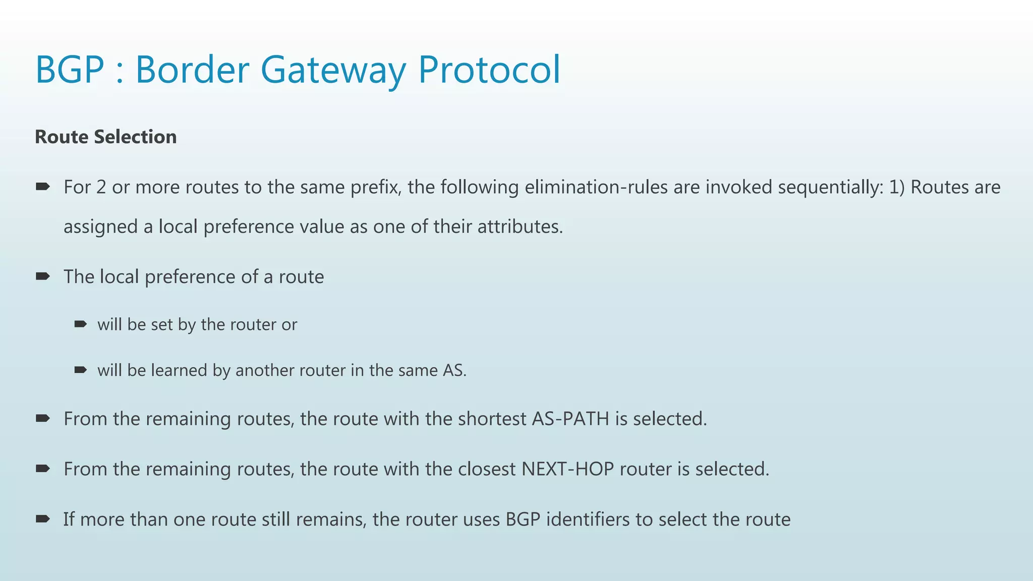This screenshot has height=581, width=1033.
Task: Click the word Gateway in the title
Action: point(332,70)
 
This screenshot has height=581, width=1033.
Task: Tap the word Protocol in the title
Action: point(489,70)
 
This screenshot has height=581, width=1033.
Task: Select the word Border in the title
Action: point(192,70)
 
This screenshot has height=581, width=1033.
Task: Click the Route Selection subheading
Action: point(105,137)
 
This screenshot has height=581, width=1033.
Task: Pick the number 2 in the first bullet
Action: point(101,187)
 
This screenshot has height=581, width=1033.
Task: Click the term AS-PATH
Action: point(570,419)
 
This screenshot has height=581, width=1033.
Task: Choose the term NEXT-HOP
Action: point(567,469)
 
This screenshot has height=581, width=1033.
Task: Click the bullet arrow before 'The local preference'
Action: point(43,276)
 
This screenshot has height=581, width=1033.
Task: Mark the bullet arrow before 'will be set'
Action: point(81,324)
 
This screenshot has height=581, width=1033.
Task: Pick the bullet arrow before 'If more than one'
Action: point(43,518)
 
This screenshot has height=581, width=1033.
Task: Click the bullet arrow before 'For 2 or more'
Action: point(43,187)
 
